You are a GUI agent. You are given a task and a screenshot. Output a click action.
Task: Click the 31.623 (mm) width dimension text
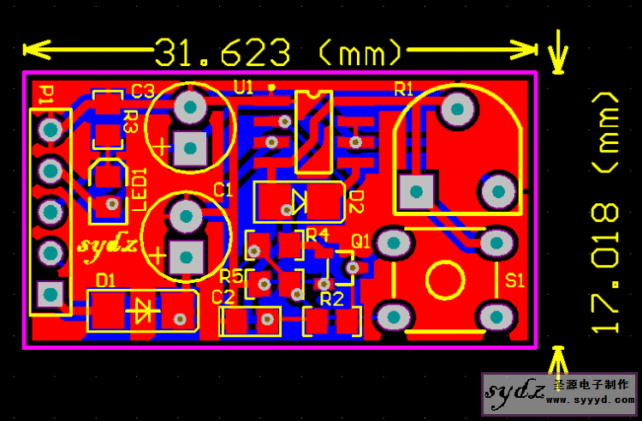click(x=278, y=52)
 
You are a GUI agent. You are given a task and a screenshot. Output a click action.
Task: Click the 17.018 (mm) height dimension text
click(x=604, y=212)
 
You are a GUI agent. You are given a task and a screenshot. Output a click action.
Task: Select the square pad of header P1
click(x=51, y=294)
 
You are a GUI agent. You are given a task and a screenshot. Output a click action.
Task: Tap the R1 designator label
click(x=404, y=89)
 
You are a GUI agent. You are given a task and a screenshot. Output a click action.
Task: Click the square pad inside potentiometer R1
click(x=416, y=191)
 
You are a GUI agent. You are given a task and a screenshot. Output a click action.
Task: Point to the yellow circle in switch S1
click(x=445, y=280)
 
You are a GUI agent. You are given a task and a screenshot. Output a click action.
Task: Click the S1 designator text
click(x=514, y=280)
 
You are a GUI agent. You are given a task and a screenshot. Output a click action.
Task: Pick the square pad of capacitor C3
click(x=190, y=148)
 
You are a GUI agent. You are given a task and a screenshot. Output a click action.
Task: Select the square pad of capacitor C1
click(x=187, y=257)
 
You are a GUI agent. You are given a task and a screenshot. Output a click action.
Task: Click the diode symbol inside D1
click(x=142, y=310)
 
